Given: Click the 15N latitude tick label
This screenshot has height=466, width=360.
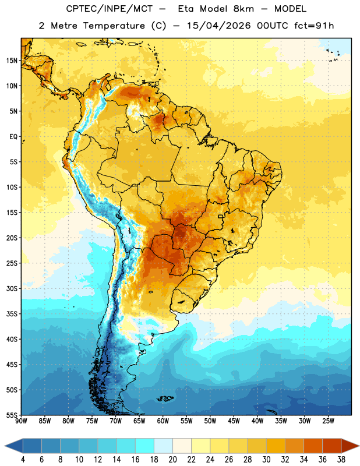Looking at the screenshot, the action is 12,61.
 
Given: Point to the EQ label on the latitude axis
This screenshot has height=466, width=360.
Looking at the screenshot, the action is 13,137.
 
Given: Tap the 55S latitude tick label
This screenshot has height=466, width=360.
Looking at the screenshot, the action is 12,415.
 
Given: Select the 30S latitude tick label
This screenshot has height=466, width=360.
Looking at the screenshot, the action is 12,288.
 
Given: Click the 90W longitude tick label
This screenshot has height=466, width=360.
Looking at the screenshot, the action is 21,421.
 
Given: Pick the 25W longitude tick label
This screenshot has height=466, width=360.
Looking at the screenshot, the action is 328,421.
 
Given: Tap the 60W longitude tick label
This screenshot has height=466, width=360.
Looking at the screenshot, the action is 163,421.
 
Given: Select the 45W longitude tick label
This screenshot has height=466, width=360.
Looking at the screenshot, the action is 234,421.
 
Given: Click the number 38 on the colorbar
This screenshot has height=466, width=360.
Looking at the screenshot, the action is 341,460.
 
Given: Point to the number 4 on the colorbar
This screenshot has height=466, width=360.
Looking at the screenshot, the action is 23,460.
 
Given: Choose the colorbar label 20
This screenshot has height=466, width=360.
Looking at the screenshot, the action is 172,460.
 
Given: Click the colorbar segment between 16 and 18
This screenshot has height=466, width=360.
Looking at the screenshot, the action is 145,446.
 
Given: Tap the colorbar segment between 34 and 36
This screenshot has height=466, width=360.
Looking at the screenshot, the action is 313,446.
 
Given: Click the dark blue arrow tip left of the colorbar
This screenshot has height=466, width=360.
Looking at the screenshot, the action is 5,446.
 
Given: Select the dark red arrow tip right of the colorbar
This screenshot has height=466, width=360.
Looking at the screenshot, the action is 359,446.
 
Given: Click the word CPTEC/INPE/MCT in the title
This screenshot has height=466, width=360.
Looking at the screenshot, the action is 110,9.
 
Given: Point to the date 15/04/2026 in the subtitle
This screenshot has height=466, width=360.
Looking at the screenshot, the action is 219,26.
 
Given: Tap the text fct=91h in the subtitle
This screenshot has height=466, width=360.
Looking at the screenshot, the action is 314,26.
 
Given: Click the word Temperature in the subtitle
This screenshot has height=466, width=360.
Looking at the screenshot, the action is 114,26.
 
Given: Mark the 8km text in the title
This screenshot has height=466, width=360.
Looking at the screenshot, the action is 243,9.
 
